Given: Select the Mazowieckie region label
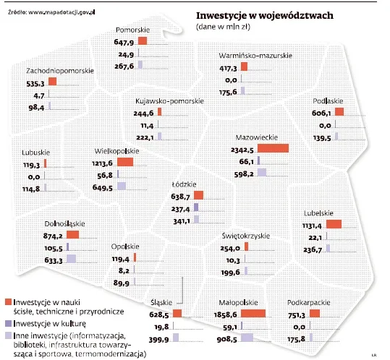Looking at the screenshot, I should click(257, 136).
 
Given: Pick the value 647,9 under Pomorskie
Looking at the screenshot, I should click(124, 43).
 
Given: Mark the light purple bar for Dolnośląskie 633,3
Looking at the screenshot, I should click(72, 260).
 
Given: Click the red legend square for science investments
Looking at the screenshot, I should click(8, 301).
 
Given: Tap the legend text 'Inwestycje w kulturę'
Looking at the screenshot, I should click(49, 323).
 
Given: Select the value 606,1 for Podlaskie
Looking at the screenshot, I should click(322, 113).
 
